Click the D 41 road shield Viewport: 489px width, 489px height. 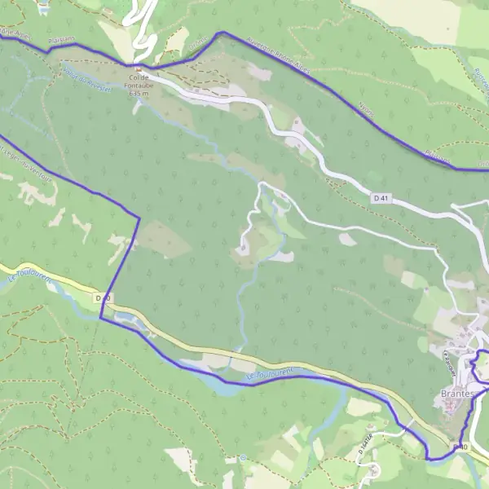pyautogui.click(x=380, y=198)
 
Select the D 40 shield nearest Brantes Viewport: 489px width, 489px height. pyautogui.click(x=461, y=447)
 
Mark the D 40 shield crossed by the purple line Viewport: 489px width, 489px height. pyautogui.click(x=102, y=298)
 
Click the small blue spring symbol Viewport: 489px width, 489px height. pyautogui.click(x=242, y=458)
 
